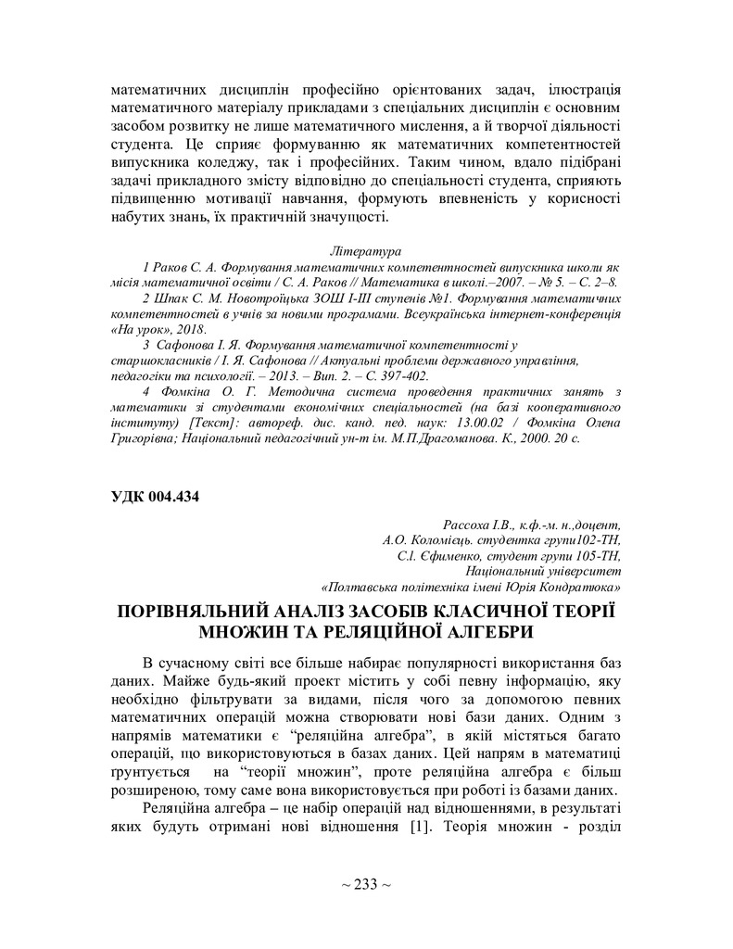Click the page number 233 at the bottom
tap(366, 885)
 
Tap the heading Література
tap(365, 251)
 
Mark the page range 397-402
tap(400, 376)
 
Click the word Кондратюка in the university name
tap(583, 587)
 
